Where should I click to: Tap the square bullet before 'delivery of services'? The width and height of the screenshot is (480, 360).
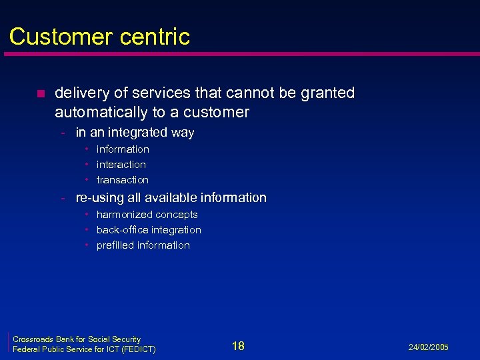tap(40, 93)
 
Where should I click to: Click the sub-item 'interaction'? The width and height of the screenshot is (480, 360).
tap(121, 165)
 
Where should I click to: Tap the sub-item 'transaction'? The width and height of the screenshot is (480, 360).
tap(122, 180)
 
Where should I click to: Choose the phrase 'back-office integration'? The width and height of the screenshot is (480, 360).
tap(148, 230)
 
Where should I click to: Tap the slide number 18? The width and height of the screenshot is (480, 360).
tap(238, 345)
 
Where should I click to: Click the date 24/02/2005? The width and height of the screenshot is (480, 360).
tap(429, 348)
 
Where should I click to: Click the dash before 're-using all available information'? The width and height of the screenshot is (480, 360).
tap(62, 198)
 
